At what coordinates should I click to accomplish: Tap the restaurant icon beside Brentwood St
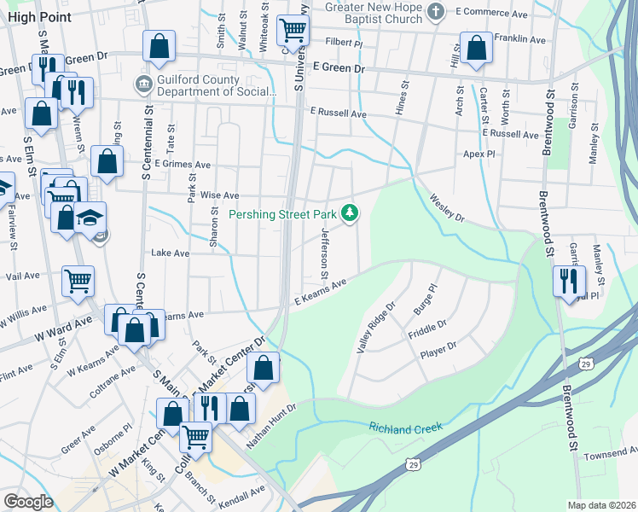(568, 281)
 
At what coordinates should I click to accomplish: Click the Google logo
(28, 502)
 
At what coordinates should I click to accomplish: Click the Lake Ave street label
(170, 253)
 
